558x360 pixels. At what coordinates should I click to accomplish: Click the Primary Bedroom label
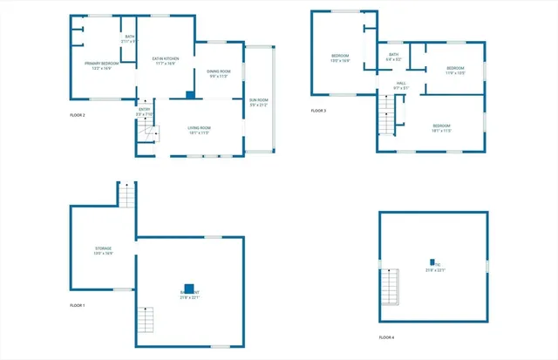(102, 65)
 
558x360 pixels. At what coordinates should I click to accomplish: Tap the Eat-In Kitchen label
(166, 61)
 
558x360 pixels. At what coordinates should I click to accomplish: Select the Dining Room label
(219, 73)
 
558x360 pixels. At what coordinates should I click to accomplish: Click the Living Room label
(200, 130)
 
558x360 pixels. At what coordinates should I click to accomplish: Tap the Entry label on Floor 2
(145, 112)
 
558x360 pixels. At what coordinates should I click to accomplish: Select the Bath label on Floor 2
(129, 39)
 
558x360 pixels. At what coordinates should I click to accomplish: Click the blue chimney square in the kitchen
(190, 93)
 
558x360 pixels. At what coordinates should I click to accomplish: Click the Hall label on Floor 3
(400, 85)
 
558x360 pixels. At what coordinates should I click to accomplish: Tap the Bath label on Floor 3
(394, 57)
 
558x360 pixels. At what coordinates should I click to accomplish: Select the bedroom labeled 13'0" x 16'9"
(338, 59)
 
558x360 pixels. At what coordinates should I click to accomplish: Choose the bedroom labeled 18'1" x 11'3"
(442, 128)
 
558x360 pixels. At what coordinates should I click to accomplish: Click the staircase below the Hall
(386, 113)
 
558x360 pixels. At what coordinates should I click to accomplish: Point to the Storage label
(103, 251)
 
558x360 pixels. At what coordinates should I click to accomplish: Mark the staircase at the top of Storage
(127, 195)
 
